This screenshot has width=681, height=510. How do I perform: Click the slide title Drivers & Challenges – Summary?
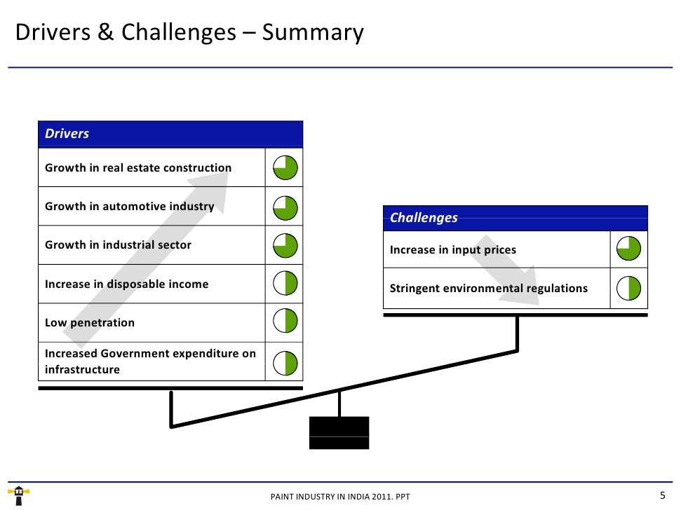tap(189, 33)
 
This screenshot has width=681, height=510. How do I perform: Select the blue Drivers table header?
tap(170, 134)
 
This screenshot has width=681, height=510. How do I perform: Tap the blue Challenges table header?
tap(515, 218)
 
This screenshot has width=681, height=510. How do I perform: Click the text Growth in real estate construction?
tap(138, 168)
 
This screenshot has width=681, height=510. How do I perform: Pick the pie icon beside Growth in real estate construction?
tap(285, 168)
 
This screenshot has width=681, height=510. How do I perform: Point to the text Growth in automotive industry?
tap(129, 207)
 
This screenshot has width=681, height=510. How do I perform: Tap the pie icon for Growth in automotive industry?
tap(285, 207)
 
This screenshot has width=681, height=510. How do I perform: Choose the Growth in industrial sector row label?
tap(118, 245)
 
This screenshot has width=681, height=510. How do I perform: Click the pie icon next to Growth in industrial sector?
tap(285, 245)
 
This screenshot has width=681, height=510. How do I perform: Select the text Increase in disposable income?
tap(126, 284)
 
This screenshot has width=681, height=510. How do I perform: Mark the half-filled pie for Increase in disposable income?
tap(285, 284)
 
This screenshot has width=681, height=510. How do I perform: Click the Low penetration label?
tap(90, 323)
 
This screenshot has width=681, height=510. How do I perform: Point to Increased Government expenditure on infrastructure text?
tap(150, 361)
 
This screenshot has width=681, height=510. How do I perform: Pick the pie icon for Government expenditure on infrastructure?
tap(285, 362)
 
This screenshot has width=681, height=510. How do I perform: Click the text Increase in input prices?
tap(453, 250)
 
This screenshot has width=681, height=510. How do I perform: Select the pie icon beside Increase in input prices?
tap(629, 249)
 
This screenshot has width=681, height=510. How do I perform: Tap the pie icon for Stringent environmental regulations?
tap(629, 289)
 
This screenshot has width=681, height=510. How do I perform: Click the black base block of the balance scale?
tap(339, 432)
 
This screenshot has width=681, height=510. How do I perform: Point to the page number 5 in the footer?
tap(662, 495)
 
